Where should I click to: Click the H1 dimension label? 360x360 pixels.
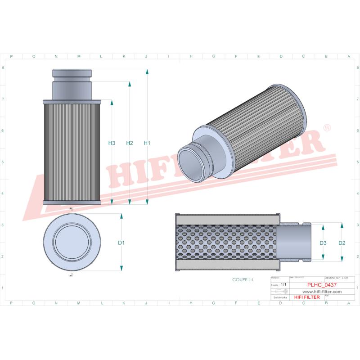click(147, 143)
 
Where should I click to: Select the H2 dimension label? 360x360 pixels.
click(130, 143)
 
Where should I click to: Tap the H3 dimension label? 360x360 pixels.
click(112, 143)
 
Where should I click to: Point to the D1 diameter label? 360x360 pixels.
click(121, 243)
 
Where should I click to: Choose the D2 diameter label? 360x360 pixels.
click(342, 243)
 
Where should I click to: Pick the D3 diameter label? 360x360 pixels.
click(323, 243)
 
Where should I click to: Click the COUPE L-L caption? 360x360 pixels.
click(243, 279)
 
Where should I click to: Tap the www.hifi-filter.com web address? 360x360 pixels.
click(319, 292)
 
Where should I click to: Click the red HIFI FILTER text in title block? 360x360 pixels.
click(307, 297)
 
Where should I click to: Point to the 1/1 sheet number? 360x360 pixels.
click(283, 285)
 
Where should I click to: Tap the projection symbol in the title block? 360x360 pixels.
click(279, 292)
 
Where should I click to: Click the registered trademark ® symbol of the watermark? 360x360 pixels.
click(327, 128)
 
